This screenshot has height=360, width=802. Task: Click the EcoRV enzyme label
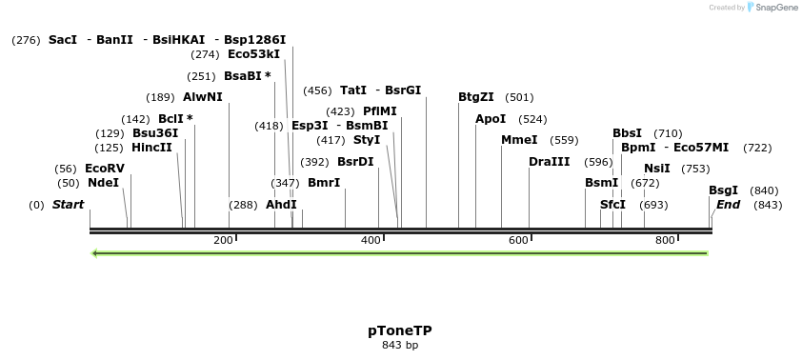click(x=105, y=169)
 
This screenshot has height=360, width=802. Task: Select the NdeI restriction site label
click(x=103, y=183)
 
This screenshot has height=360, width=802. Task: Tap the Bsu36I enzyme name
click(x=155, y=133)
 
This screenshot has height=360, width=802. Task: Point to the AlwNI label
click(x=203, y=97)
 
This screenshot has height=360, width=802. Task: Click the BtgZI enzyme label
click(x=476, y=97)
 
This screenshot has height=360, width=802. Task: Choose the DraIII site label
click(x=550, y=162)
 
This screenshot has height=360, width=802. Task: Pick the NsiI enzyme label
click(x=657, y=169)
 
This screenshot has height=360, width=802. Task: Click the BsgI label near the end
click(x=724, y=190)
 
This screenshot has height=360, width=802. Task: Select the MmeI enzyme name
click(x=519, y=140)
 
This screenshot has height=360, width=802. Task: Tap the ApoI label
click(x=491, y=119)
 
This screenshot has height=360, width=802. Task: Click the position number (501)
click(x=519, y=97)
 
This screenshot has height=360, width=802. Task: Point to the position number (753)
click(x=695, y=169)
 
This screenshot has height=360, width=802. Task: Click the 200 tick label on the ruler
click(x=223, y=240)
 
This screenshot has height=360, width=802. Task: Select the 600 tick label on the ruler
click(x=518, y=240)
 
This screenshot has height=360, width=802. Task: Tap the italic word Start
click(x=68, y=205)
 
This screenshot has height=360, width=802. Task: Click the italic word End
click(x=728, y=205)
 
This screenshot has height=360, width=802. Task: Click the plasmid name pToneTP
click(x=400, y=330)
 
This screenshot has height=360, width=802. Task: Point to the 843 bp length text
click(x=400, y=345)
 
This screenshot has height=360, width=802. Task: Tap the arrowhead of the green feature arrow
click(x=95, y=253)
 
